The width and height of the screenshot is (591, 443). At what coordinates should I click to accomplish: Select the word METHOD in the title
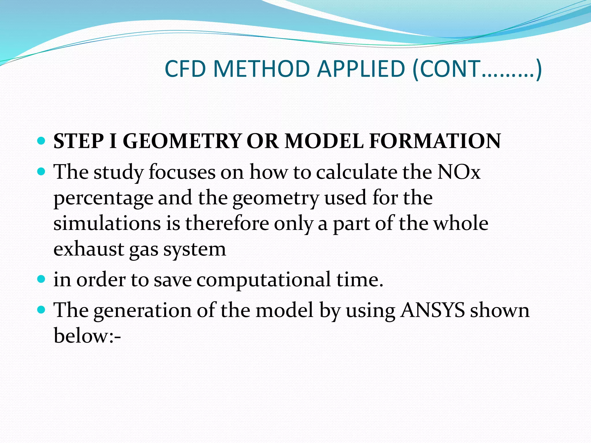(x=261, y=69)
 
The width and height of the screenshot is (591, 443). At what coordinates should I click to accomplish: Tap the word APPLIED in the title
(x=361, y=69)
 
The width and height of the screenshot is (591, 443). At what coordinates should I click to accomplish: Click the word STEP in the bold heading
(x=78, y=141)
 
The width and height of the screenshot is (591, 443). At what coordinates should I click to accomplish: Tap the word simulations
(x=107, y=224)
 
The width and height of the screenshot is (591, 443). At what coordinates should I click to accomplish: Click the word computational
(x=263, y=280)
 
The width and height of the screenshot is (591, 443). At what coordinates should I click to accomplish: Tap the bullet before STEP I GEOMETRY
(x=42, y=141)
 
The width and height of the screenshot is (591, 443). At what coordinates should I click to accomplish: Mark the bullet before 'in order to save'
(x=42, y=279)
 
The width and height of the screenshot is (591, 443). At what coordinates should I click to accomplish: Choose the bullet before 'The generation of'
(x=42, y=310)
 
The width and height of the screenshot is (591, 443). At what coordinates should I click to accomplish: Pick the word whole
(x=461, y=224)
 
